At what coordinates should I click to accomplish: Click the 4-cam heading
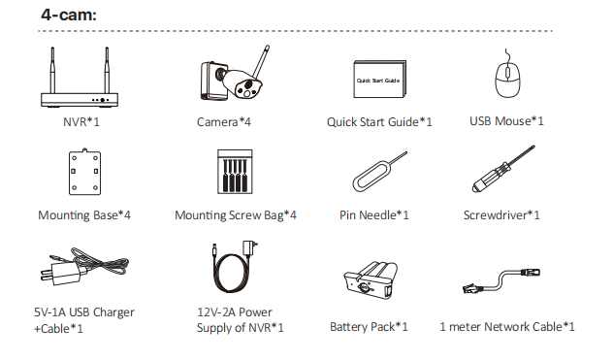tap(69, 15)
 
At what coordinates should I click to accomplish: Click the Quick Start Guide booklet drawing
tap(379, 79)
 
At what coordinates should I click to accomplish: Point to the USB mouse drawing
tap(507, 79)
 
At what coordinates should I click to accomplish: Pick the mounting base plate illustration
tap(84, 172)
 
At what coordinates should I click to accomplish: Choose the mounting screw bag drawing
tap(235, 172)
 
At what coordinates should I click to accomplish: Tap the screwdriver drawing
tap(503, 169)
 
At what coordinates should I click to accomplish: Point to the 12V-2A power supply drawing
tap(233, 268)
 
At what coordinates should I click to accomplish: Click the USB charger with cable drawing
tap(83, 266)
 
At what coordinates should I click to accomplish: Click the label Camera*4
tap(224, 122)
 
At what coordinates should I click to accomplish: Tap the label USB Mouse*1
tap(506, 121)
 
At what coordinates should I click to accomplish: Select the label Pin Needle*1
tap(374, 215)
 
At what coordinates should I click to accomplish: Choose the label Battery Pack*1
tap(369, 327)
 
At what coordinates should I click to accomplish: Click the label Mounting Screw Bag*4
tap(236, 215)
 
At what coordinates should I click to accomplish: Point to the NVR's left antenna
tap(52, 71)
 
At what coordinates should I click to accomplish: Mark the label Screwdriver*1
tap(501, 215)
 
